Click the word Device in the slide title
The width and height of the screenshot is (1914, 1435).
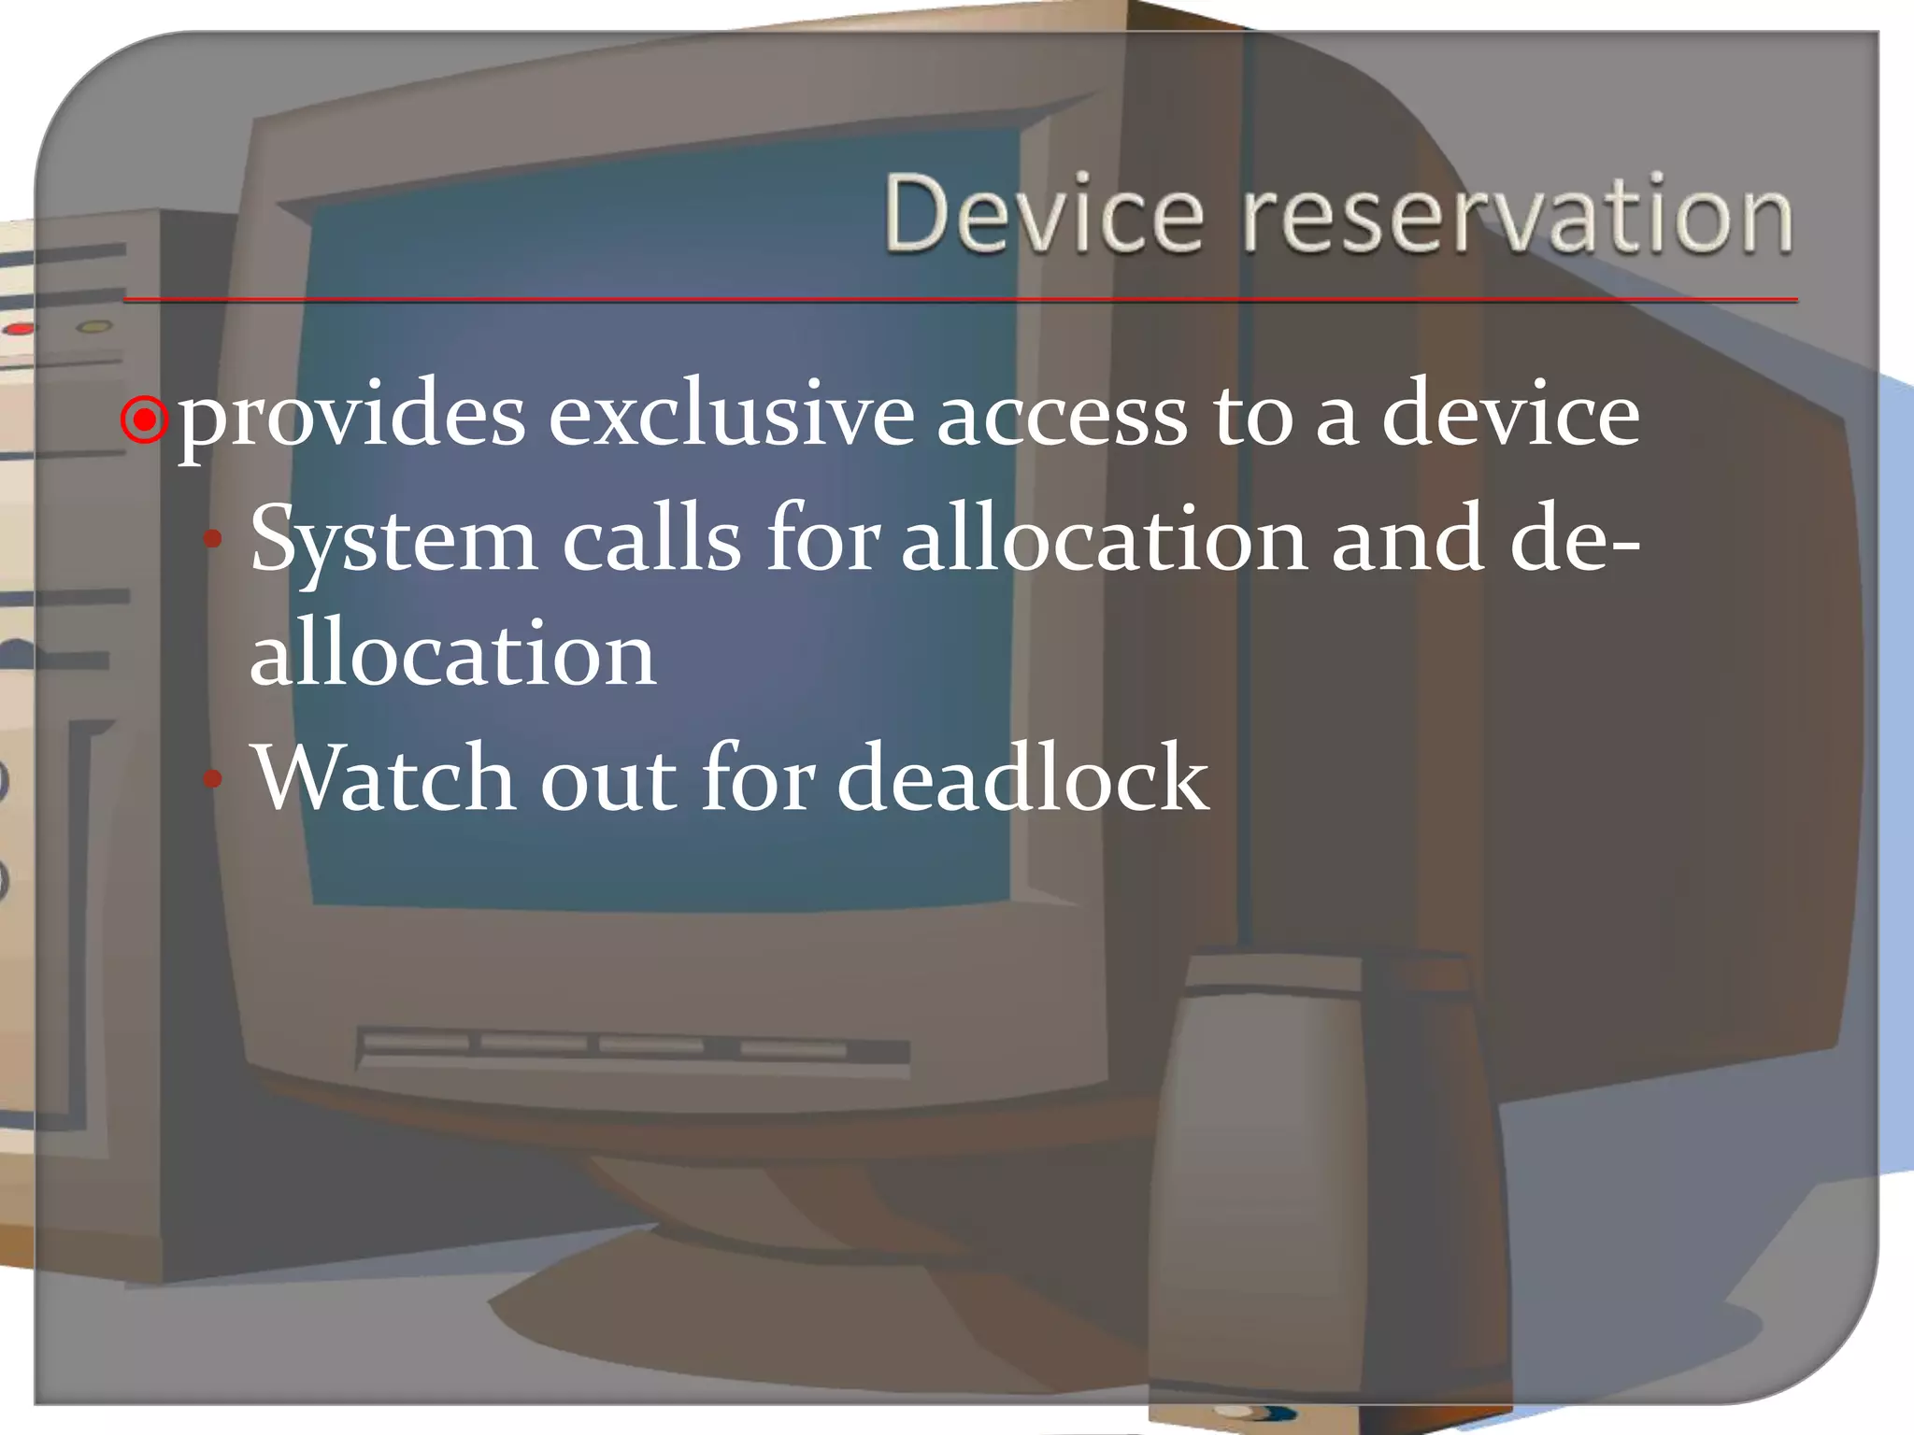(1043, 214)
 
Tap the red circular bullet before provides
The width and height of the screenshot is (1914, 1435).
(145, 421)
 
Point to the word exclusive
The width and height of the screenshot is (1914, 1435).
(731, 416)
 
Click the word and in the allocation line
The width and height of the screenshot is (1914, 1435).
(1407, 539)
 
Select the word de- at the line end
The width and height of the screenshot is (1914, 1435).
(1574, 539)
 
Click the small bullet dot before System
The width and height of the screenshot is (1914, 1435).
(213, 539)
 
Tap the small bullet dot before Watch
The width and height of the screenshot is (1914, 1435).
(213, 777)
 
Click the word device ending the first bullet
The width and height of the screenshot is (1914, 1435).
(1510, 416)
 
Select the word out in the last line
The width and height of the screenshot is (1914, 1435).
(608, 778)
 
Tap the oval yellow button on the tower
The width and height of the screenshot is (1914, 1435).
(93, 327)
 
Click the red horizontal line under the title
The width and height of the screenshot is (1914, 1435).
(960, 300)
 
